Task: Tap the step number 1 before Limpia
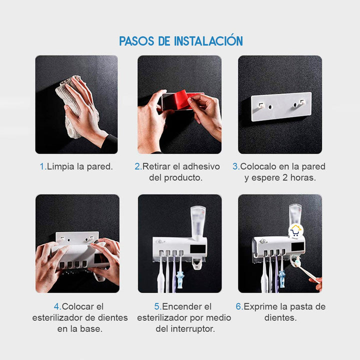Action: point(42,166)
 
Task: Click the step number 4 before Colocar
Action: point(56,306)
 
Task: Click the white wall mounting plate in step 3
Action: point(280,107)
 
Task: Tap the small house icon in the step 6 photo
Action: point(296,230)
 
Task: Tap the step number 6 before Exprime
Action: point(238,306)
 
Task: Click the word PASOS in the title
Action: point(137,41)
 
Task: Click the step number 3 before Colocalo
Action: point(235,166)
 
